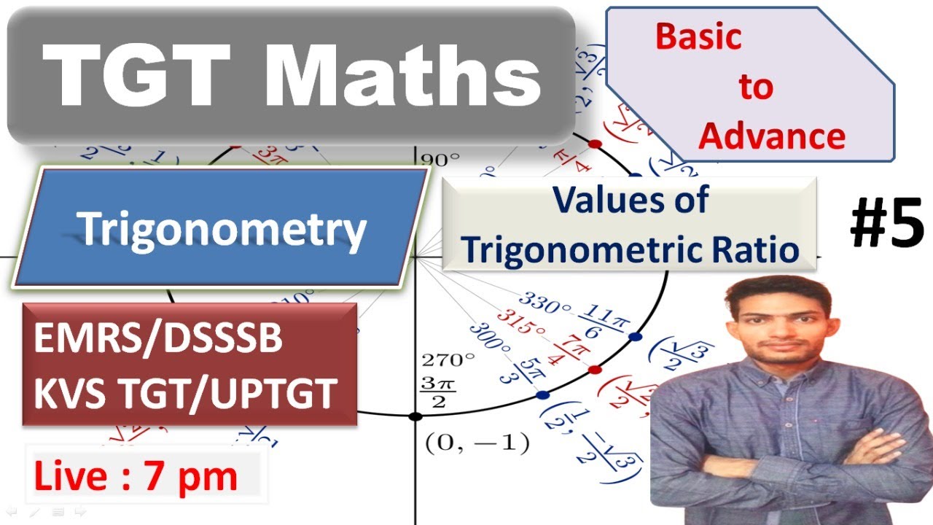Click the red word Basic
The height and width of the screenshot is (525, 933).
(698, 36)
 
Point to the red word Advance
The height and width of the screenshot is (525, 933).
(773, 136)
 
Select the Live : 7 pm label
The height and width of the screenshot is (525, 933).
(136, 477)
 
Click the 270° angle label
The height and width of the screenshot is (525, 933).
(448, 359)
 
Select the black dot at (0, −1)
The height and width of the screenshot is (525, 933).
(415, 417)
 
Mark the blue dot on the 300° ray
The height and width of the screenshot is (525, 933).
(542, 395)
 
